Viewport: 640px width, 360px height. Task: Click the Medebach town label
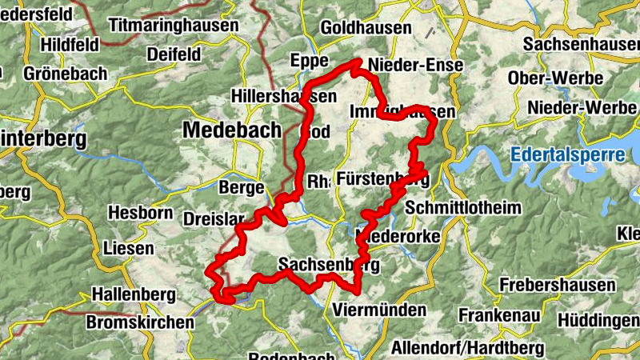pos(232,130)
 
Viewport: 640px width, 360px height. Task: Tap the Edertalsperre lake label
pos(567,154)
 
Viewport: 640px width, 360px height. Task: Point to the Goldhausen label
pos(366,28)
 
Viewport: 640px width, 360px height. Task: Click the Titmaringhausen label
pos(174,26)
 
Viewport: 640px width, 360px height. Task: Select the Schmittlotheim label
pos(463,208)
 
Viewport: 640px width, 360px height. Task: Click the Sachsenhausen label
pos(581,44)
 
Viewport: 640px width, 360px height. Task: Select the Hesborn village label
pos(140,214)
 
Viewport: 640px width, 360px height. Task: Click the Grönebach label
pos(66,74)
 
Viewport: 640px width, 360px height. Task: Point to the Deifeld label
pos(174,54)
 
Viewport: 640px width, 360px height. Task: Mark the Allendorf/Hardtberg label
pos(467,348)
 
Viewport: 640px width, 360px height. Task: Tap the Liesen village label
pos(128,249)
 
